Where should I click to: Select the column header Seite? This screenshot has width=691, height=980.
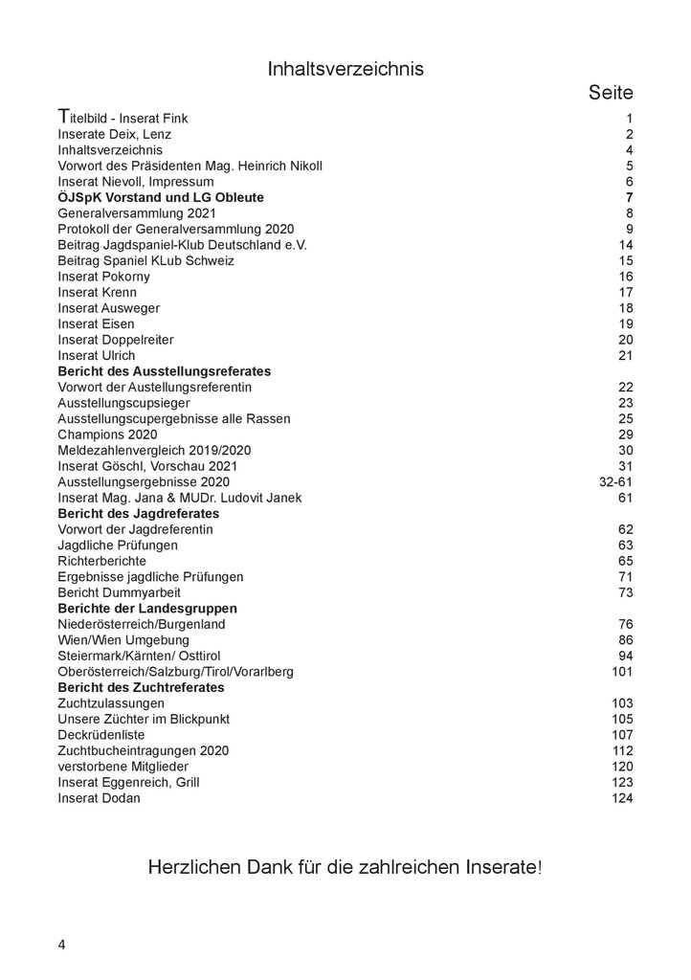[610, 93]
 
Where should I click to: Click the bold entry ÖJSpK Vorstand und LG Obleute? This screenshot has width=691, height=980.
[161, 197]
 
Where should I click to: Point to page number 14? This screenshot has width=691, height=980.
[626, 244]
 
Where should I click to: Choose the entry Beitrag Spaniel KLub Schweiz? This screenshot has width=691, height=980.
[145, 260]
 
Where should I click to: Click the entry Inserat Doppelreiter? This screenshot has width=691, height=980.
[116, 339]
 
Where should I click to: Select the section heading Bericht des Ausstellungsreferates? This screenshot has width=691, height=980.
[165, 370]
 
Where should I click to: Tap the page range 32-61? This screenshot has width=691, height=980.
[615, 481]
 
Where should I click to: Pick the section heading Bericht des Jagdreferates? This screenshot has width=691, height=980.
[139, 513]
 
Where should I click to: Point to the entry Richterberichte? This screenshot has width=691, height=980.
[101, 560]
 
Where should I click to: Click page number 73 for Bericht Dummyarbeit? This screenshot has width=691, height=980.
[626, 591]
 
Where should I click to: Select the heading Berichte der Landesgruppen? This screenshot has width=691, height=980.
[147, 608]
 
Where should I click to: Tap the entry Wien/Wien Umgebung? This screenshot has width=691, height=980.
[123, 639]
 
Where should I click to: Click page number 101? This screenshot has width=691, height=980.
[622, 671]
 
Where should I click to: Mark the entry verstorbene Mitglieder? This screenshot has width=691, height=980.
[123, 766]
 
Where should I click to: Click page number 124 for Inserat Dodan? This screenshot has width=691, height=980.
[622, 797]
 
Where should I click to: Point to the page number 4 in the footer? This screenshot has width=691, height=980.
[62, 945]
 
